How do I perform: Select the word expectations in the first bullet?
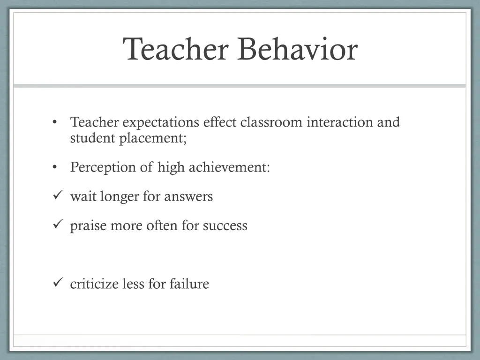(x=161, y=122)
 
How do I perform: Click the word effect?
(x=220, y=122)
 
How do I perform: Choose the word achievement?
(x=229, y=167)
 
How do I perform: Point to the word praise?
(x=89, y=226)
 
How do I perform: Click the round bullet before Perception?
(x=55, y=167)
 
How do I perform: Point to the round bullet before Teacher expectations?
(x=55, y=122)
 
